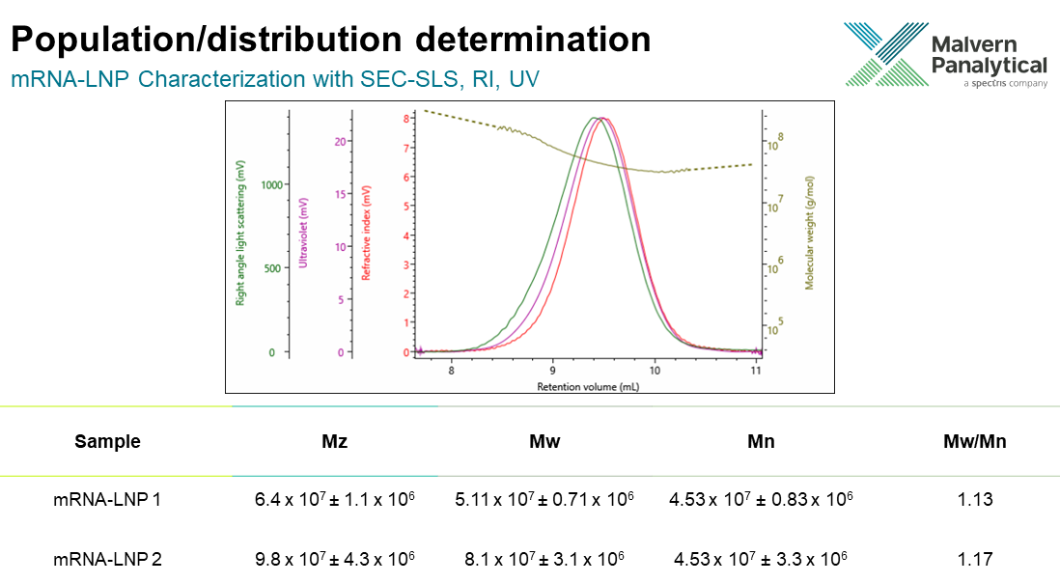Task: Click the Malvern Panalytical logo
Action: tap(944, 55)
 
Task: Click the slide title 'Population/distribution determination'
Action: tap(329, 39)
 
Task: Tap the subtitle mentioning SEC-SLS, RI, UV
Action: tap(274, 79)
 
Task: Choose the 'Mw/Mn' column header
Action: tap(974, 442)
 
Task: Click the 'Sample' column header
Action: tap(107, 442)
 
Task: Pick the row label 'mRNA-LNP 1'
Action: tap(107, 500)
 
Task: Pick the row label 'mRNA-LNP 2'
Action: tap(107, 558)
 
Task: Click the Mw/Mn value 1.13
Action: tap(975, 500)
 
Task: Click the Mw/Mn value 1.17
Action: tap(975, 558)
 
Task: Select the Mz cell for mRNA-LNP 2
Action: tap(334, 558)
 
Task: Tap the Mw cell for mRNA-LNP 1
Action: tap(544, 500)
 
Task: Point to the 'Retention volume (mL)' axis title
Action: tap(588, 385)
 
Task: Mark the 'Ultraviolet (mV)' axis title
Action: tap(303, 233)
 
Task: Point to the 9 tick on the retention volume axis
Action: tap(552, 370)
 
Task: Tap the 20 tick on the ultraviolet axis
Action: tap(339, 141)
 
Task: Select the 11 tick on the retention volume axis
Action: tap(756, 370)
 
